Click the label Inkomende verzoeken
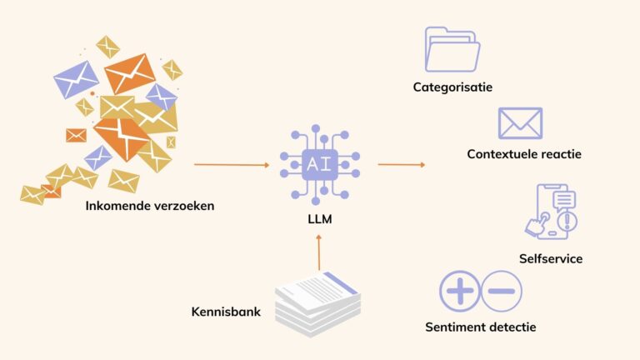click(149, 205)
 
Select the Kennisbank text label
click(226, 312)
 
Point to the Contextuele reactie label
click(524, 154)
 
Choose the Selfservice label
click(550, 258)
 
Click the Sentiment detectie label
click(480, 327)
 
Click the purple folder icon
click(452, 49)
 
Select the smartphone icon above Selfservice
click(551, 212)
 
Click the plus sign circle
click(460, 291)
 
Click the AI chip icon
click(319, 165)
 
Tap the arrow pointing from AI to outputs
click(401, 164)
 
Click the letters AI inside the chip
click(319, 165)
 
